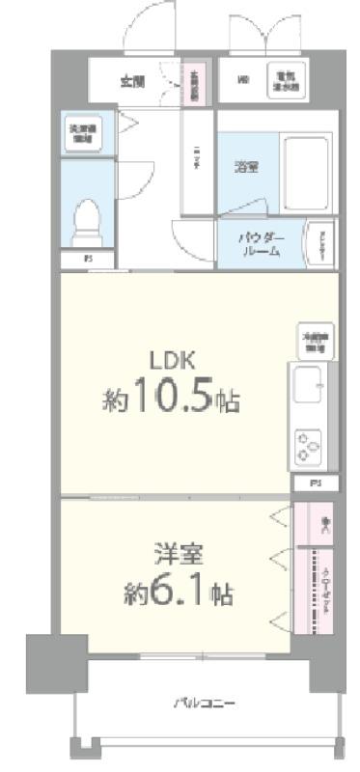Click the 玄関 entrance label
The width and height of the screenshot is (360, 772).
point(133,81)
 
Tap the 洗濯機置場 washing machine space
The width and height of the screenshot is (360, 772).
point(78,133)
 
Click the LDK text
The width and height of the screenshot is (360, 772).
point(173,361)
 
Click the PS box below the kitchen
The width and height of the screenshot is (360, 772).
point(315,482)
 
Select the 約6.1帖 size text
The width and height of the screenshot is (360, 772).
point(178,593)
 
